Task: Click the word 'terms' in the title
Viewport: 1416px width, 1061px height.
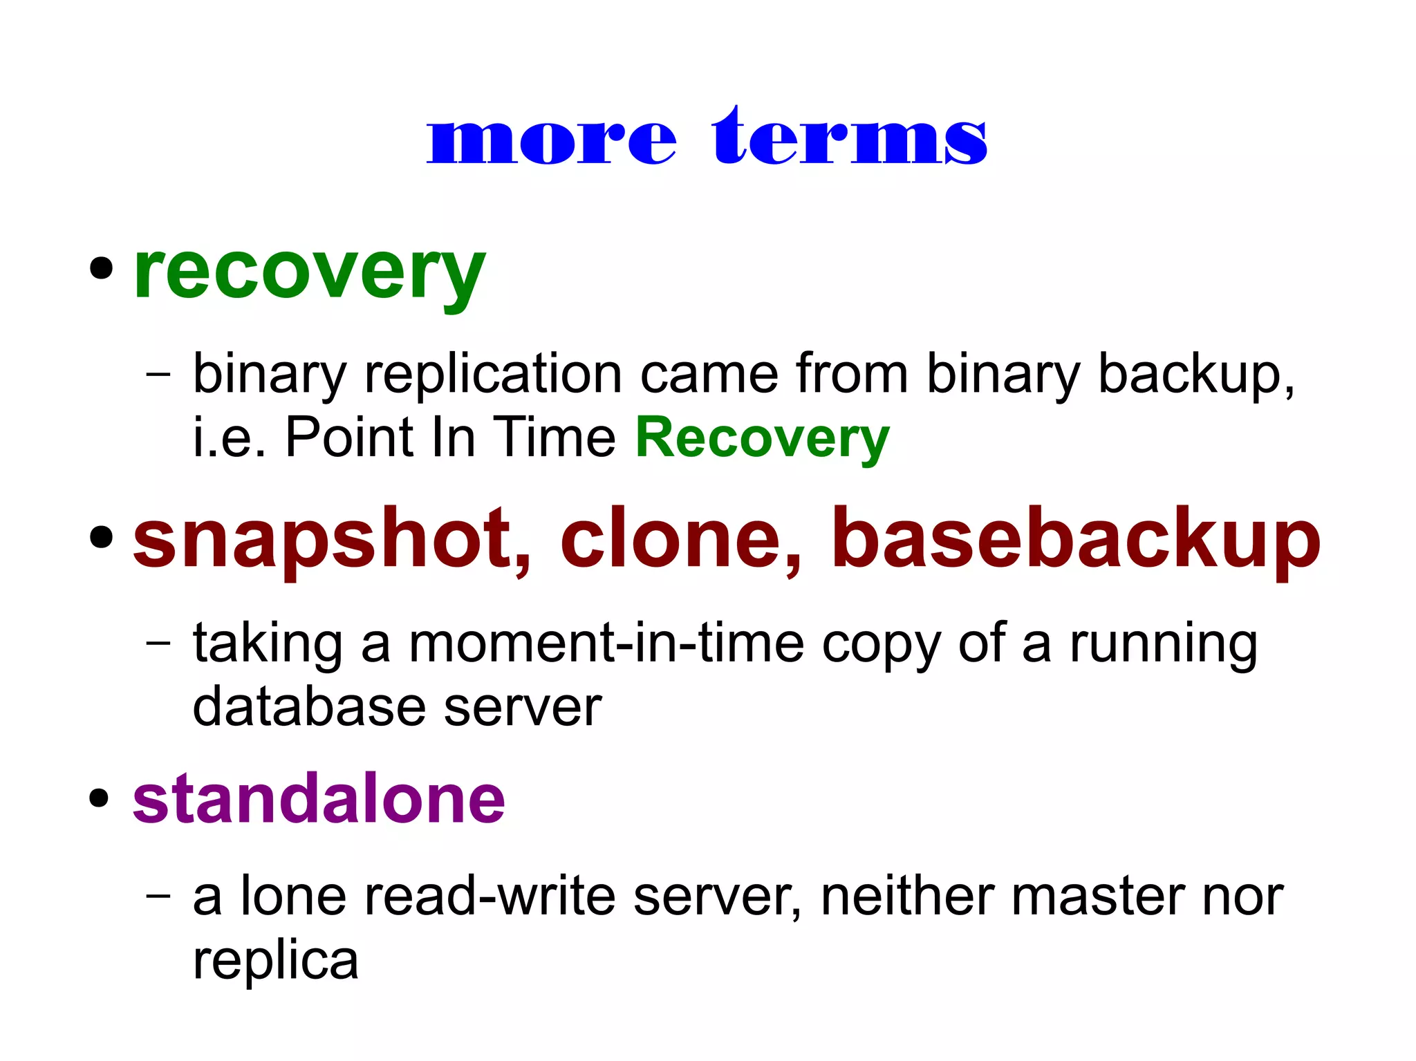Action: point(850,138)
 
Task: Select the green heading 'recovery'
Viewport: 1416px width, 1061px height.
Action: point(309,273)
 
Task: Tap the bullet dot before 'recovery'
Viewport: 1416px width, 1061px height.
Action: point(101,268)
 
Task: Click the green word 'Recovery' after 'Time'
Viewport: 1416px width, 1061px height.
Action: point(762,438)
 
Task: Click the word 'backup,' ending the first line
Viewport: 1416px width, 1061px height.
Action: point(1196,374)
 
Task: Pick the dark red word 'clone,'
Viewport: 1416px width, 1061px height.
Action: point(680,539)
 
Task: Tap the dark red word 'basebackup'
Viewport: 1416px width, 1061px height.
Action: point(1075,539)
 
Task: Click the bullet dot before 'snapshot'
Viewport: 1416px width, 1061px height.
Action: point(101,537)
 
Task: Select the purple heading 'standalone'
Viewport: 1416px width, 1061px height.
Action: point(319,799)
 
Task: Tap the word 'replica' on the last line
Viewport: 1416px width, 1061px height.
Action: point(275,961)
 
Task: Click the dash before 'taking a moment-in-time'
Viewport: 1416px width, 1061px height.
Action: point(158,642)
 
